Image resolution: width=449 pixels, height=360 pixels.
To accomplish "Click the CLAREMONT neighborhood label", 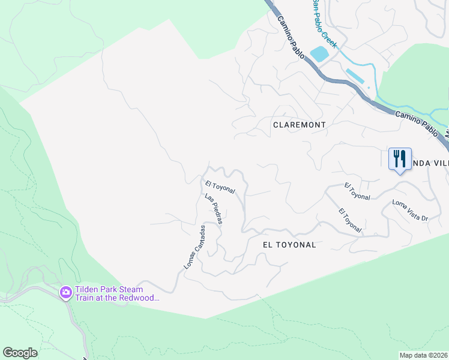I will [x=299, y=125].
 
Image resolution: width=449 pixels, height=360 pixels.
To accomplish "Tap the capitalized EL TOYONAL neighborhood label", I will [x=289, y=245].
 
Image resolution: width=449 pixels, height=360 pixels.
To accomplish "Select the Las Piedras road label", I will [x=214, y=209].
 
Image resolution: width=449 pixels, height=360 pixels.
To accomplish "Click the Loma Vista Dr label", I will [x=409, y=210].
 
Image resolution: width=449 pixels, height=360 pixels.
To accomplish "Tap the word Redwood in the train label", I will [x=139, y=298].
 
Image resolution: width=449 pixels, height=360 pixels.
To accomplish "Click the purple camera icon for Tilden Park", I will [x=65, y=293].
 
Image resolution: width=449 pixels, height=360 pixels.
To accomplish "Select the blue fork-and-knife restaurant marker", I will [x=400, y=159].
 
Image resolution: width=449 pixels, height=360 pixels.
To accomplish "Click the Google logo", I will [x=20, y=353].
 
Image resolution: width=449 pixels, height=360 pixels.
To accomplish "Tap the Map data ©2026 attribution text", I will [x=423, y=355].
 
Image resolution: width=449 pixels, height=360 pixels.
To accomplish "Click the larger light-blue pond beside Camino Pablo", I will [x=319, y=53].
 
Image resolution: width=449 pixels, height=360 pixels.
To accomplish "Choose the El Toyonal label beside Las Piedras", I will [x=220, y=187].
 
